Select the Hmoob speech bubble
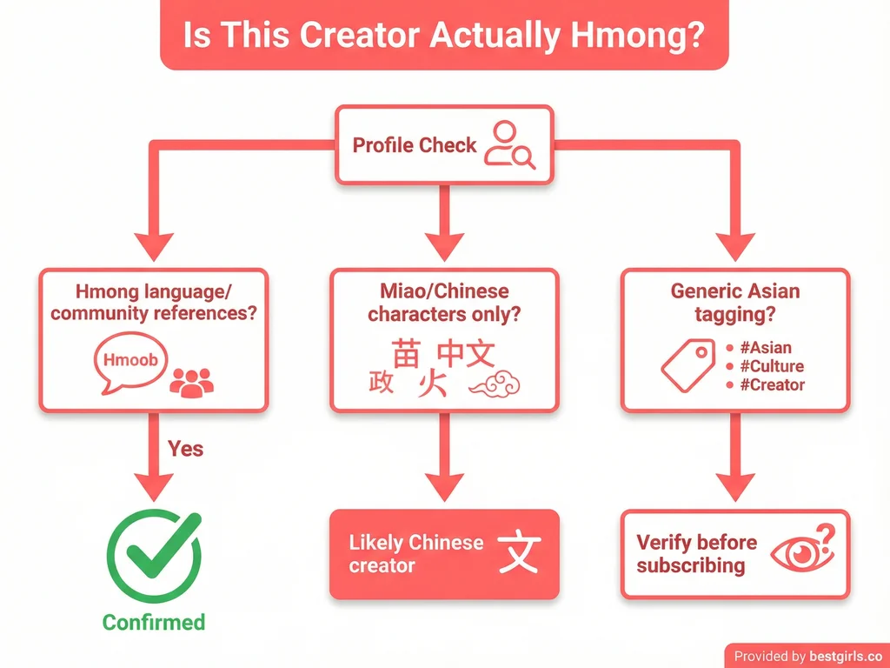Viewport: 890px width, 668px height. point(128,360)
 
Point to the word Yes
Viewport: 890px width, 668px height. point(185,448)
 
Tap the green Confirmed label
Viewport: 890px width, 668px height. point(154,622)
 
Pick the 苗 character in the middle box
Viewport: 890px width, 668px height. point(406,353)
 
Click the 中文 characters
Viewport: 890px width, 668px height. point(466,353)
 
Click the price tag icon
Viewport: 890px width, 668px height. point(687,365)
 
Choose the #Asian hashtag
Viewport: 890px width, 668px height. point(764,348)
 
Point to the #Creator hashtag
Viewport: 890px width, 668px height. point(771,384)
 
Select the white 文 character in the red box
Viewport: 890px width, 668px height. point(519,553)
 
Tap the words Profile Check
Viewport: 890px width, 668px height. point(415,144)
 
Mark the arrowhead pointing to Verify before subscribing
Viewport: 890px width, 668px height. point(734,487)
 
